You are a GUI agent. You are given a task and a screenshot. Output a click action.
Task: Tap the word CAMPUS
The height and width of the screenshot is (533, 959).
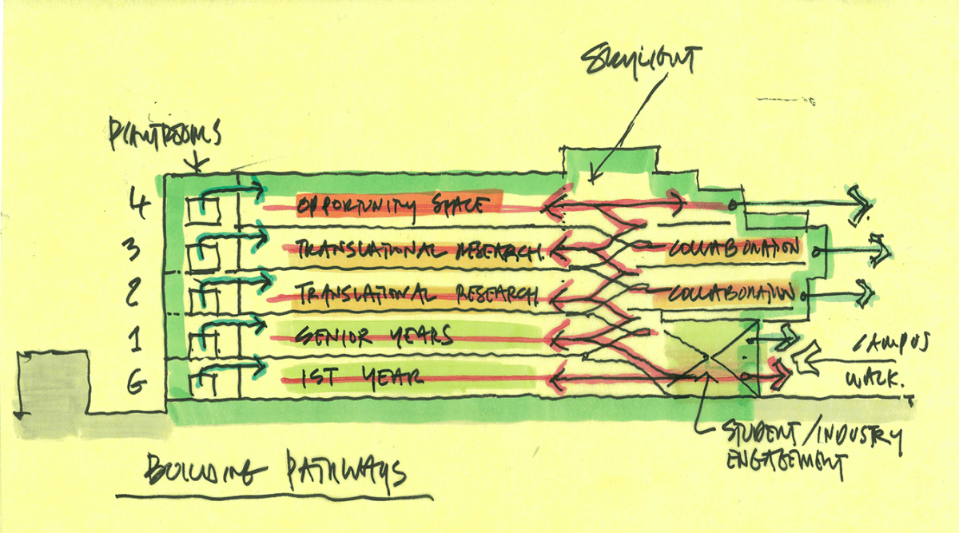click(893, 345)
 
